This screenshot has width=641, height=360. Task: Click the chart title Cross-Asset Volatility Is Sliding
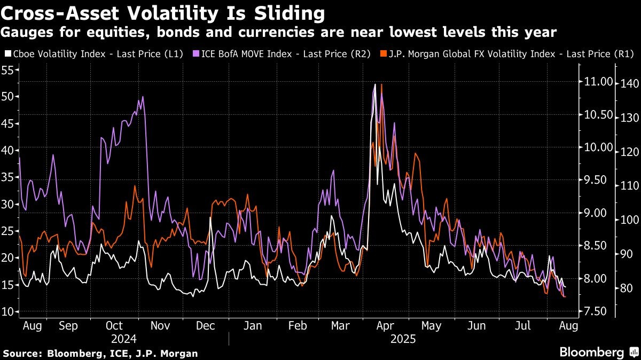click(x=163, y=13)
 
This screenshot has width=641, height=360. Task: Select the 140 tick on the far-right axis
click(x=626, y=83)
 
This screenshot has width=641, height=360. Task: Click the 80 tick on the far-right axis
click(x=623, y=288)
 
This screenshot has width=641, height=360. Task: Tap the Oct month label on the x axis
click(x=114, y=326)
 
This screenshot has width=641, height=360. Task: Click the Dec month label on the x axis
click(x=206, y=326)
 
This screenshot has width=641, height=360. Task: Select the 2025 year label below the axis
click(x=403, y=339)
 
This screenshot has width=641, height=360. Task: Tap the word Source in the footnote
click(x=22, y=353)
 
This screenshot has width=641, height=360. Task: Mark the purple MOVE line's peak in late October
click(x=143, y=97)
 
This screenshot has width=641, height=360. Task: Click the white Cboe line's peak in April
click(x=375, y=84)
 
